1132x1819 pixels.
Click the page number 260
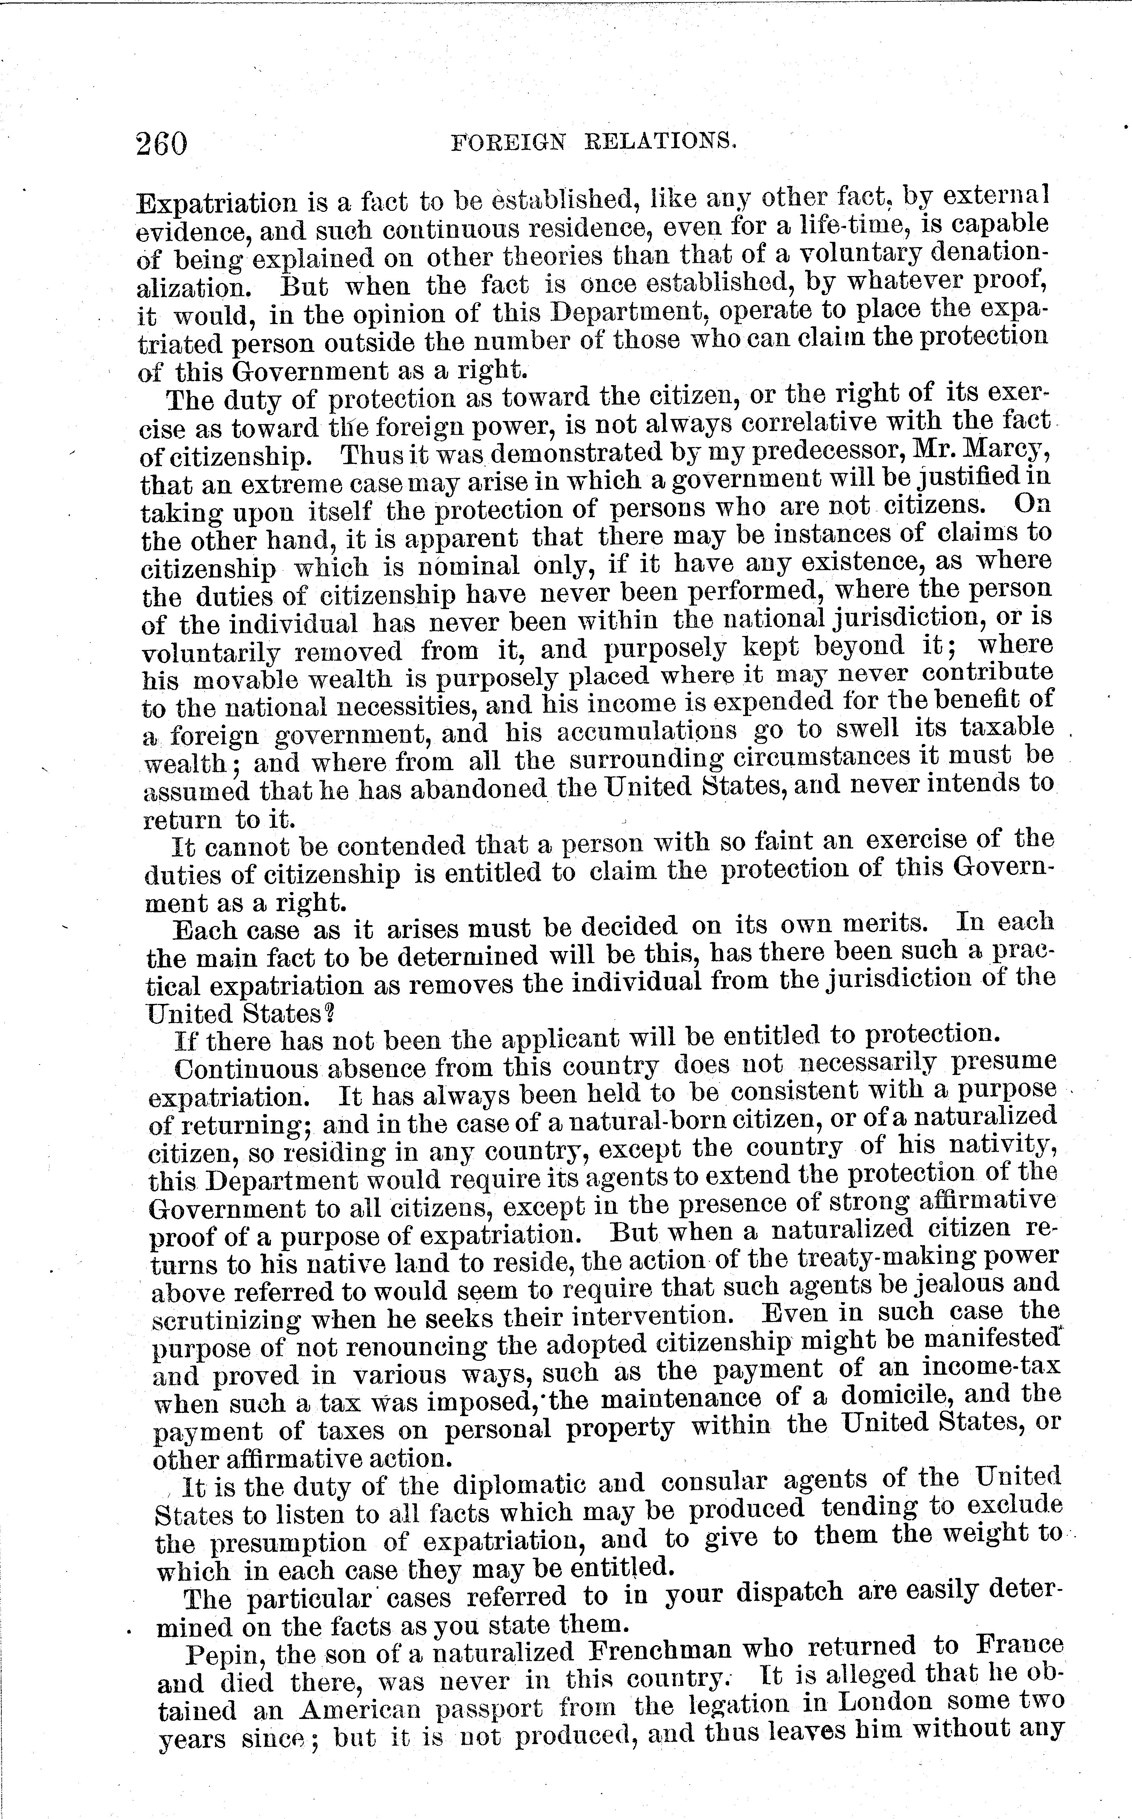point(162,142)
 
